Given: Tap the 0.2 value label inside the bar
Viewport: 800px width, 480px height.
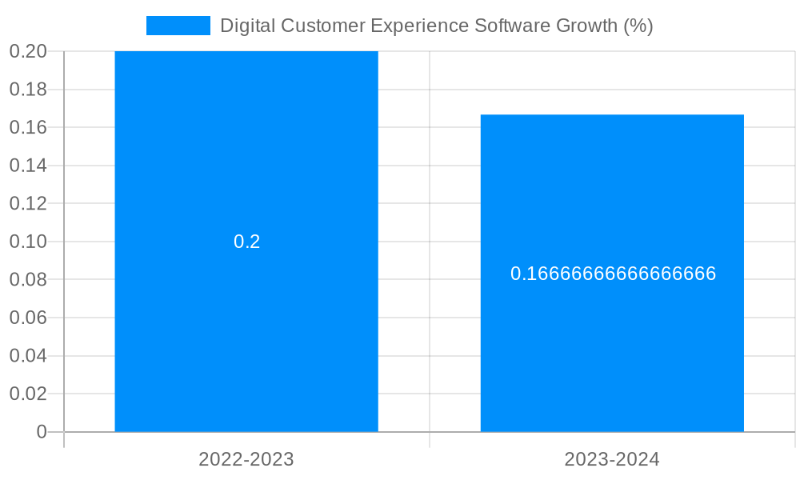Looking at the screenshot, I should [246, 242].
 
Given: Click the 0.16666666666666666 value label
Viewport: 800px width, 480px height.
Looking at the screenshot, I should [613, 274].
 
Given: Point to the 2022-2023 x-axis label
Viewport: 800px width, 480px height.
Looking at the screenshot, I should [246, 459].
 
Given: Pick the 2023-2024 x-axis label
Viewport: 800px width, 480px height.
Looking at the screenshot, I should [612, 459].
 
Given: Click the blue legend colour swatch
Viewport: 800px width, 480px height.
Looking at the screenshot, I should [178, 26].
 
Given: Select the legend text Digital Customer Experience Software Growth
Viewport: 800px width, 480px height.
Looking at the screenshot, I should [436, 26].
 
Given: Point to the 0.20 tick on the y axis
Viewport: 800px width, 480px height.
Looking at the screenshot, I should [28, 51].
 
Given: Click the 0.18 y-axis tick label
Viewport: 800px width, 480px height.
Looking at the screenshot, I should [28, 90].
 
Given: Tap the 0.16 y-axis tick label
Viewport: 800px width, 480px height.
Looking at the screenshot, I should [28, 127].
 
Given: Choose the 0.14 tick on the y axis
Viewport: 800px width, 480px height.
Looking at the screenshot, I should [28, 166].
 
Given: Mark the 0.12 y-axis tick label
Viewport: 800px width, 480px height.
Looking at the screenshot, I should [28, 203].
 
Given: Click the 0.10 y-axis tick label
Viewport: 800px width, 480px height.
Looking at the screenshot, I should [28, 242].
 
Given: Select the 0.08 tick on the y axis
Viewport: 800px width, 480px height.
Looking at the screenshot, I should [28, 279].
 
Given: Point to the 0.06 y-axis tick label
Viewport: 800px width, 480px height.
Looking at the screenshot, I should [28, 318].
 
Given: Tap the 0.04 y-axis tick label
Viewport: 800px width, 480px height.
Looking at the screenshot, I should [28, 355].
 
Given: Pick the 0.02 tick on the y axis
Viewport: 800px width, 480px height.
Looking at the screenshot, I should [28, 394].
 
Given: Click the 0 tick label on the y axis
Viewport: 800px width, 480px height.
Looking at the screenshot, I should [42, 432].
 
